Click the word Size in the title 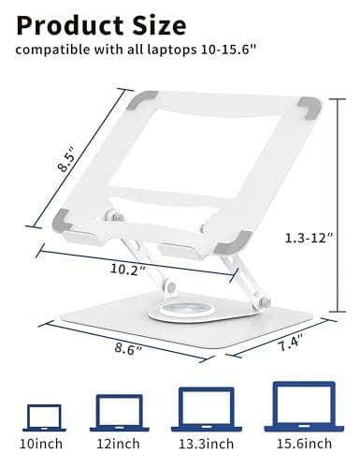click(x=159, y=25)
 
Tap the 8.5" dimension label click(x=66, y=159)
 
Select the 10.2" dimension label click(x=128, y=269)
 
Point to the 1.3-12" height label click(x=310, y=238)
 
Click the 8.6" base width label click(x=128, y=348)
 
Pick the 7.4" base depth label click(x=291, y=344)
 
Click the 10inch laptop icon click(x=44, y=417)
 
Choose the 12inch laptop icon click(x=120, y=413)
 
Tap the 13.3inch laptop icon click(x=207, y=409)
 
